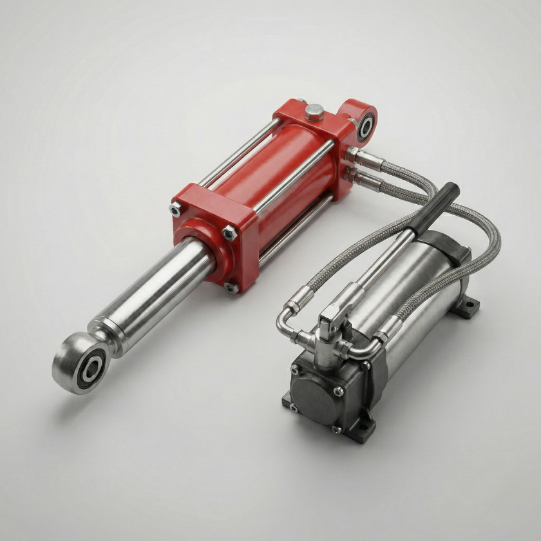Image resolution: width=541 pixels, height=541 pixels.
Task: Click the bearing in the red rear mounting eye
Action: tap(366, 126)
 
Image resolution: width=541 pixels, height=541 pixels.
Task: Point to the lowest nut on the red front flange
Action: tap(231, 288)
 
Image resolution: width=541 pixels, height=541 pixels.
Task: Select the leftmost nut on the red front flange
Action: tap(175, 209)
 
